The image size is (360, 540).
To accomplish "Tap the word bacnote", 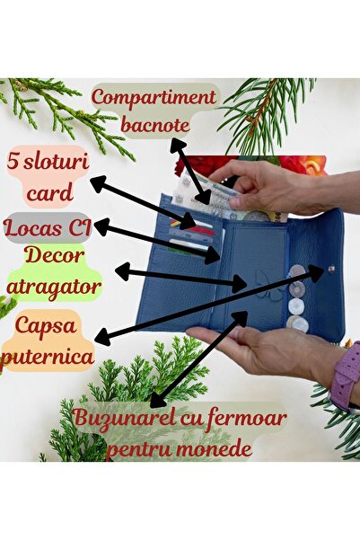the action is (x=155, y=126).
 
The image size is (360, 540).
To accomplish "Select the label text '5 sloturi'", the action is (x=48, y=163).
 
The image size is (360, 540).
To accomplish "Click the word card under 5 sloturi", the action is (x=50, y=192).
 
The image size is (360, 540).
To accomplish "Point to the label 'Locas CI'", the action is (x=48, y=227).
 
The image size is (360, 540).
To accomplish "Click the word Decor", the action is (x=55, y=256).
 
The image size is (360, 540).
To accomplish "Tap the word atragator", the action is (x=54, y=287).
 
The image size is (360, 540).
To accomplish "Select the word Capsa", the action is (x=46, y=326).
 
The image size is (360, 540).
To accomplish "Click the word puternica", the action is (x=48, y=357).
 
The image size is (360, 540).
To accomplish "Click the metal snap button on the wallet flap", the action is (x=331, y=269).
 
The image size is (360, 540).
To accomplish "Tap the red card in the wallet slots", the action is (x=203, y=230).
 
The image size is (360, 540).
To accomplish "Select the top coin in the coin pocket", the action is (x=296, y=271).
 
